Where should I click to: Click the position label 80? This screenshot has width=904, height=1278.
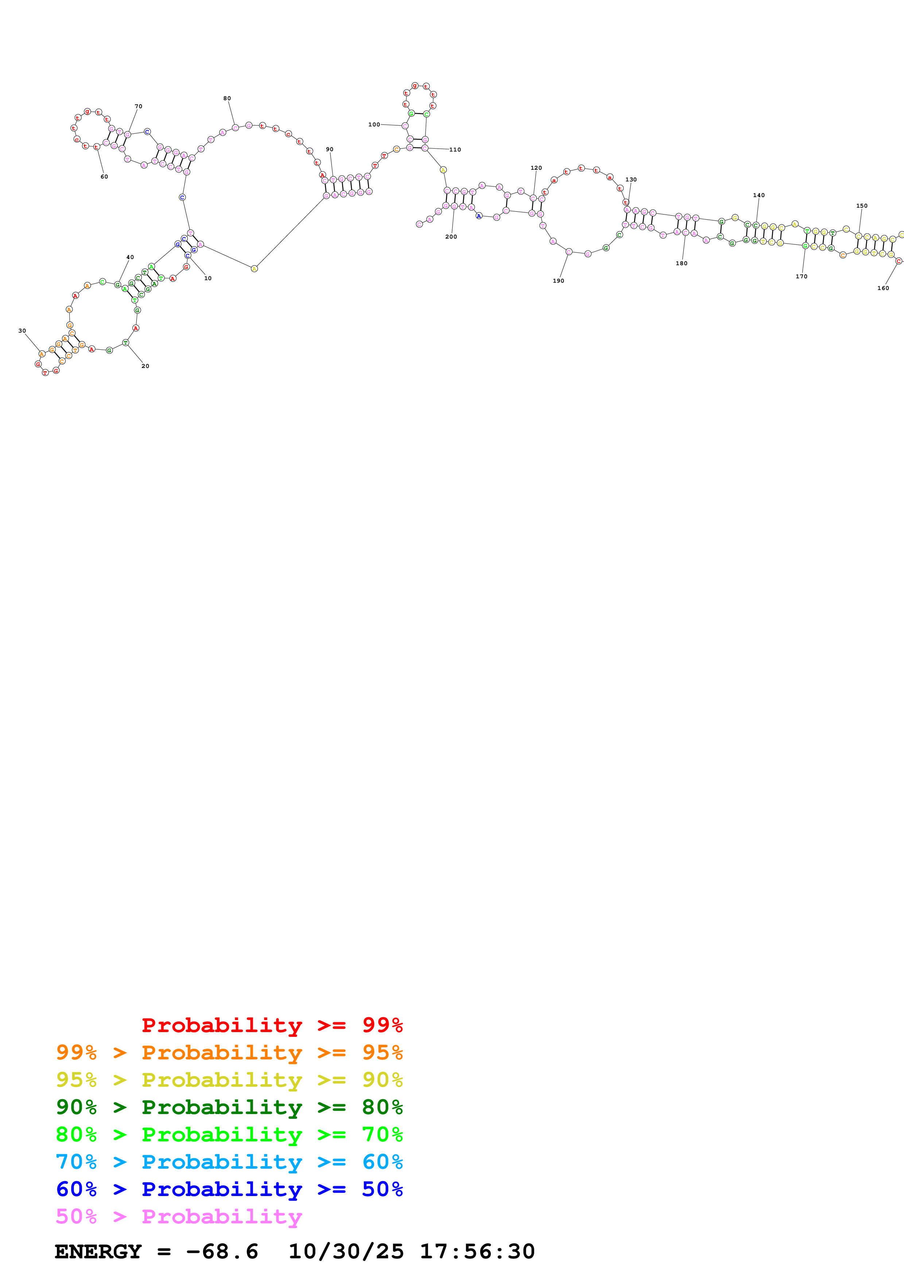coord(227,98)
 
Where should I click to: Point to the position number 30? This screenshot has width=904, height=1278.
coord(22,331)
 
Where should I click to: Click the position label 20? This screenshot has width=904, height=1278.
coord(146,366)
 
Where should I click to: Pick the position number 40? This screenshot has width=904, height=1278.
coord(130,257)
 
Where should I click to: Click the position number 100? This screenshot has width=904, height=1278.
coord(374,125)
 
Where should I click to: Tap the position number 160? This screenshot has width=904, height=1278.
coord(883,288)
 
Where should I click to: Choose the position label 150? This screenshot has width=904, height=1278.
coord(862,206)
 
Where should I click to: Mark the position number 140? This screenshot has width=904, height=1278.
coord(758,195)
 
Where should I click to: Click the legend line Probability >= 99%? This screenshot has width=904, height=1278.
coord(272,1025)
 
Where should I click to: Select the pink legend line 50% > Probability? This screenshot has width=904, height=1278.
coord(179,1216)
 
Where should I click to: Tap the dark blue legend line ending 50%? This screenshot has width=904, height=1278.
coord(229,1189)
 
